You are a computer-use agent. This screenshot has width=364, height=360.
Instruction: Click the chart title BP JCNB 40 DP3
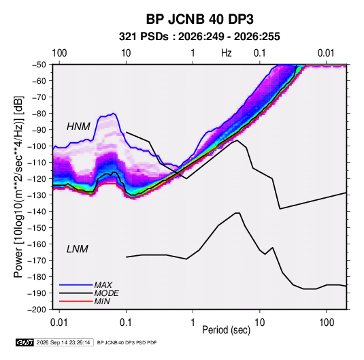pos(199,19)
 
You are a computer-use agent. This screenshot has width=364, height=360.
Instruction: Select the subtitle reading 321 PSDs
pos(144,37)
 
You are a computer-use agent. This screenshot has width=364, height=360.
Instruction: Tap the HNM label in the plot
pos(78,127)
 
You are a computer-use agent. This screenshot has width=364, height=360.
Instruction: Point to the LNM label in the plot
pos(78,249)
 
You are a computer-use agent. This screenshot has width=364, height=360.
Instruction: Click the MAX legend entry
pos(103,284)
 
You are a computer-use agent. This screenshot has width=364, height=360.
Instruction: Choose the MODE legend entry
pos(106,293)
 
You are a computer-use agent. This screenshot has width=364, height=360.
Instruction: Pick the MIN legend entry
pos(102,301)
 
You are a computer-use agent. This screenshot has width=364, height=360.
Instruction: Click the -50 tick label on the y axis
pos(39,65)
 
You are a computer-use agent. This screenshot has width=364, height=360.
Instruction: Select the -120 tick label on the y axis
pos(37,179)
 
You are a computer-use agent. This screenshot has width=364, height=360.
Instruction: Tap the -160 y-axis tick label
pos(37,244)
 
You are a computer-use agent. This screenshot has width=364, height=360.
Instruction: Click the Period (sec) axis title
pos(227,330)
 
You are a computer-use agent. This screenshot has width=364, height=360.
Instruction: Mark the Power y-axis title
pos(18,187)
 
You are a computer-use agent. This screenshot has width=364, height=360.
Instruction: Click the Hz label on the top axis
pos(227,53)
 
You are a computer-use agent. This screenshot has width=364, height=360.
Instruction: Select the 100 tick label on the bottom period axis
pos(327,323)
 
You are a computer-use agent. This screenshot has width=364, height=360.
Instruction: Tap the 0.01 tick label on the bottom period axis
pos(59,323)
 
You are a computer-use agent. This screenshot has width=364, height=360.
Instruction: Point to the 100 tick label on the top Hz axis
pos(59,53)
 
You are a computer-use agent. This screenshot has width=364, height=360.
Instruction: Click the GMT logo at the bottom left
pos(25,342)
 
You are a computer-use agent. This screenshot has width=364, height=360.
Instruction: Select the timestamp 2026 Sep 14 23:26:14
pos(63,342)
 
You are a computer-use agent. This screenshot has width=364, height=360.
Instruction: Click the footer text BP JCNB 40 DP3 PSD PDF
pos(127,342)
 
